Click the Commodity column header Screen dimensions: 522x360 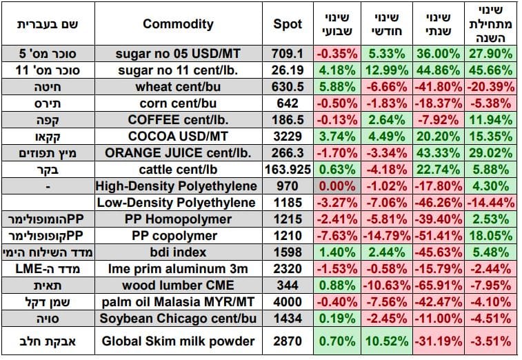(x=178, y=24)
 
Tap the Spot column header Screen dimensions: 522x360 (x=288, y=24)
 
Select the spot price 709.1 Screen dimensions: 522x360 (x=288, y=54)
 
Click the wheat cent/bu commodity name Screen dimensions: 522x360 (x=178, y=87)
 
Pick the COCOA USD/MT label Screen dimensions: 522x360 (x=178, y=137)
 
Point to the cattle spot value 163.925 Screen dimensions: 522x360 (x=288, y=170)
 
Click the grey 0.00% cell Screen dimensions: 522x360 (x=337, y=186)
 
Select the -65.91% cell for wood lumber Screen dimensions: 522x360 (x=439, y=286)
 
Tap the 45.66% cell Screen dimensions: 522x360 (x=491, y=70)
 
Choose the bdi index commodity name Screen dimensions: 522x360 (x=178, y=252)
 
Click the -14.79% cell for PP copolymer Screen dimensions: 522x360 (x=387, y=236)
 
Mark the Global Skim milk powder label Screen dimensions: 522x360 (x=178, y=341)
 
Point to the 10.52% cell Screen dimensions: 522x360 (x=387, y=341)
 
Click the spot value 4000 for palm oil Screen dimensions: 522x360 (x=288, y=301)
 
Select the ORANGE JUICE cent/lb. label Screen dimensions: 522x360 (x=178, y=153)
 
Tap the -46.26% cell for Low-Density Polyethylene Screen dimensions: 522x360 (x=439, y=203)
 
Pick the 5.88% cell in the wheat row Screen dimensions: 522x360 (x=337, y=87)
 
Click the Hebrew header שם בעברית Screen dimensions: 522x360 (x=48, y=24)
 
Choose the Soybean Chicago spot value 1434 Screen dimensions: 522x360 (x=288, y=319)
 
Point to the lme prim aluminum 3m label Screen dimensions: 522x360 (x=178, y=269)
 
